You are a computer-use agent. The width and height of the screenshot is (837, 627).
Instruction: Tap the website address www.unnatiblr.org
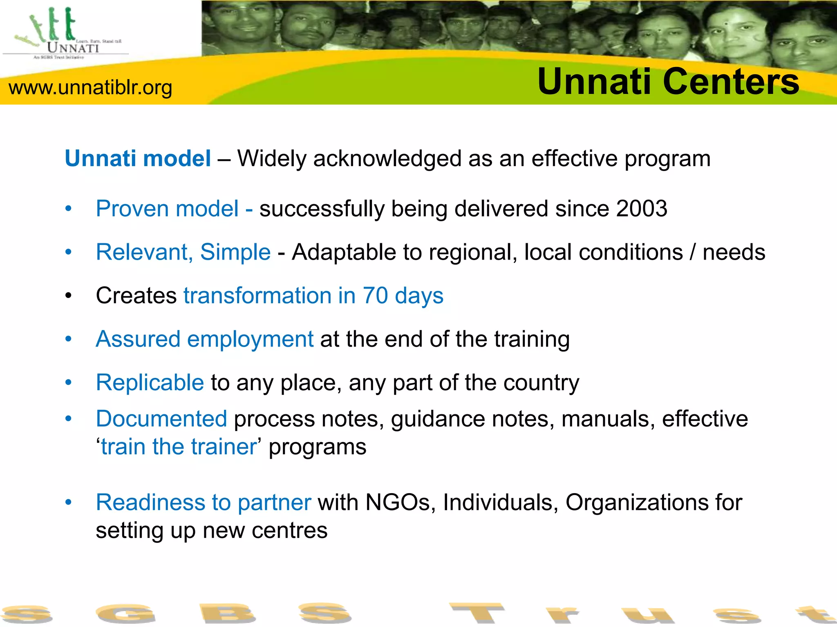point(90,87)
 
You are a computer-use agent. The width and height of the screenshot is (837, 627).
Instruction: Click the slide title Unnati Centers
point(668,82)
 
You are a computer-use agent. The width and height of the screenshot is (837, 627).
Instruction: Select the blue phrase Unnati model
point(138,158)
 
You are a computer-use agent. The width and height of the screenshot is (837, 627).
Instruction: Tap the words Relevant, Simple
point(183,252)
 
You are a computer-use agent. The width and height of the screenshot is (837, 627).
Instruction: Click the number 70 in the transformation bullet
point(375,296)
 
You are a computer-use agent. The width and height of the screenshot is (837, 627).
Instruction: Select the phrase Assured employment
point(204,339)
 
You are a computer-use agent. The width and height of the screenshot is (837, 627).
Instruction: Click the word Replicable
point(150,382)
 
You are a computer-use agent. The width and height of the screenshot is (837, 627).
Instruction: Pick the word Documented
point(161,419)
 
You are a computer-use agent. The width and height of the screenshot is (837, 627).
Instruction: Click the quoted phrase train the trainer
point(179,447)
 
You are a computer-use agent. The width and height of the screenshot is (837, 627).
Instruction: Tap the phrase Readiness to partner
point(203,502)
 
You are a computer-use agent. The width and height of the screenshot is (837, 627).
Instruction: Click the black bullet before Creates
point(68,296)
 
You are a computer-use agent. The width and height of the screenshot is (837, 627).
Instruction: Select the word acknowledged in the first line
point(387,158)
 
